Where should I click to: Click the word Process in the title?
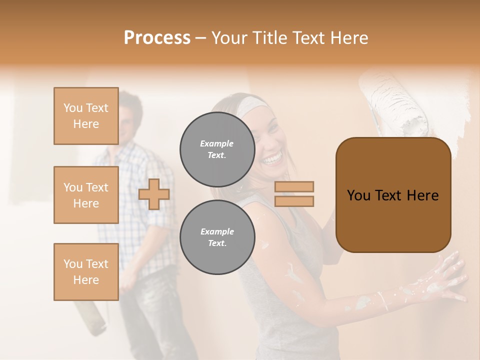(x=157, y=38)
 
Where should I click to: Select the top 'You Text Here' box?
(x=86, y=116)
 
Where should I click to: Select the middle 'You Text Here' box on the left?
(x=86, y=195)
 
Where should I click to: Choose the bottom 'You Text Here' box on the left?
(x=86, y=271)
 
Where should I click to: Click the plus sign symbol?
(x=154, y=194)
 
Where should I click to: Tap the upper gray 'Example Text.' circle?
(x=217, y=149)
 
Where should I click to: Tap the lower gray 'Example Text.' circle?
(x=217, y=237)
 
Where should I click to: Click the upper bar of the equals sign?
(x=294, y=186)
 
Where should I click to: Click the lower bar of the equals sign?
(x=294, y=201)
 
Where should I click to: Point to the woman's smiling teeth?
(x=272, y=159)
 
